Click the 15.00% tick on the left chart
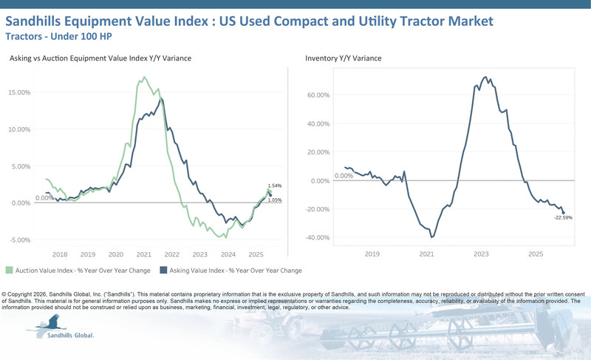click(20, 92)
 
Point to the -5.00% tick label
click(20, 240)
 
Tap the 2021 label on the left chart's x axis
click(144, 254)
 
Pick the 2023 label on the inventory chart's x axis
click(481, 254)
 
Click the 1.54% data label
click(275, 186)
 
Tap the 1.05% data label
click(275, 200)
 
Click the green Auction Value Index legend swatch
click(9, 270)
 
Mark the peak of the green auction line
click(144, 77)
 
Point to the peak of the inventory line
click(485, 77)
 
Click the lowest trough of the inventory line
click(431, 237)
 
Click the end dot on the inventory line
click(564, 213)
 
